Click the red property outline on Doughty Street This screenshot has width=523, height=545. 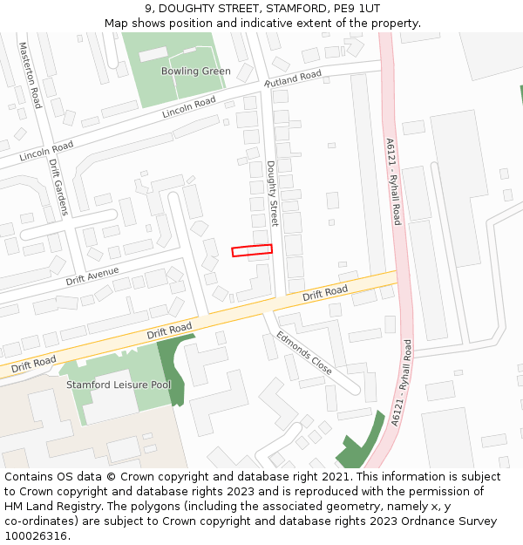(x=251, y=251)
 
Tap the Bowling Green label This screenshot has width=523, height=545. (x=196, y=72)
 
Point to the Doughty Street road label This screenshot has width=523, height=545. (x=271, y=194)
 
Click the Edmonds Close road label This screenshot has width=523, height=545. (x=304, y=352)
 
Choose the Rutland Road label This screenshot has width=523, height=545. (x=293, y=78)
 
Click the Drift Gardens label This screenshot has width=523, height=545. (x=58, y=187)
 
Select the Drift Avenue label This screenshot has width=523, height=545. (x=92, y=276)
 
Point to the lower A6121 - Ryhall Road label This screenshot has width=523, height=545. (x=403, y=383)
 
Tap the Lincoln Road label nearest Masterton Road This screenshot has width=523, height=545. (x=46, y=151)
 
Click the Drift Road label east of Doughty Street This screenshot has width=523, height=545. (x=325, y=293)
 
